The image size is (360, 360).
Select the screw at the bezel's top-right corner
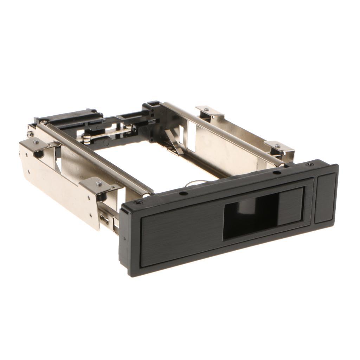point(310,164)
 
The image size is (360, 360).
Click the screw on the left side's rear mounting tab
point(36,142)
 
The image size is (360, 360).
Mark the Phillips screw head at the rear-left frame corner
point(31,134)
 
